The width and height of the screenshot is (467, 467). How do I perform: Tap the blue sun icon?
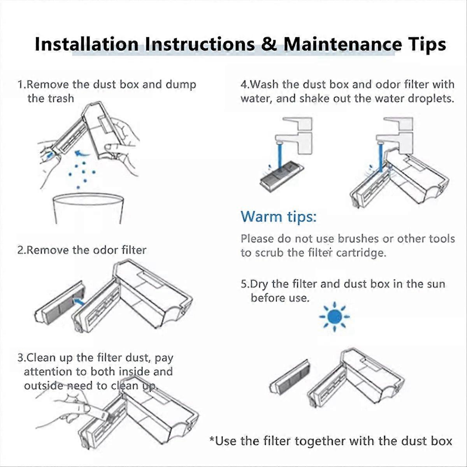click(334, 316)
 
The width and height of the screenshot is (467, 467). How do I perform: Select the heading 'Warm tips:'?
click(279, 217)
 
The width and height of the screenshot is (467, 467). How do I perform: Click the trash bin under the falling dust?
click(88, 209)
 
